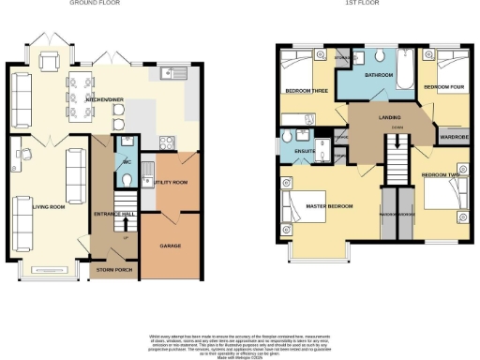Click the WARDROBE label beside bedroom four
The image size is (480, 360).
(x=454, y=137)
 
